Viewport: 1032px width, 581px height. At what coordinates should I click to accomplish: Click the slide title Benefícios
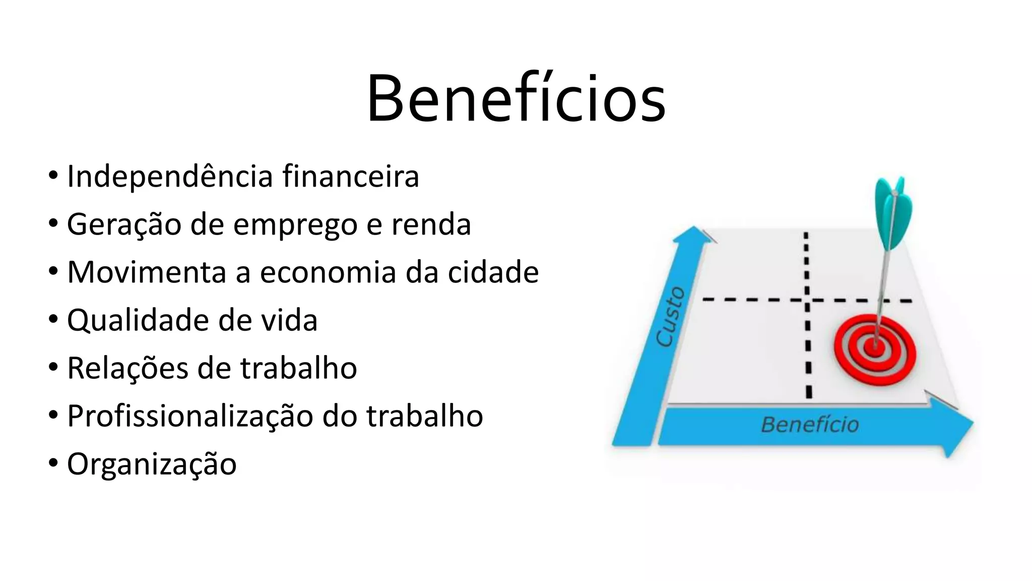click(x=516, y=98)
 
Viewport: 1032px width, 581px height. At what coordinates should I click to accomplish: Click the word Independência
click(x=171, y=177)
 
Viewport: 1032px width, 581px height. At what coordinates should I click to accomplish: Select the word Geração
click(x=124, y=224)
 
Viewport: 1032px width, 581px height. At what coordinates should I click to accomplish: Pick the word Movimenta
click(x=147, y=272)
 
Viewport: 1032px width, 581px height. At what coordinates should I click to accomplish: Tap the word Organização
click(x=152, y=464)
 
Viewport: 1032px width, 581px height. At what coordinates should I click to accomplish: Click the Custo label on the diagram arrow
click(x=671, y=317)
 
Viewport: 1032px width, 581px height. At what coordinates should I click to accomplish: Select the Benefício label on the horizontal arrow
click(x=810, y=425)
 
